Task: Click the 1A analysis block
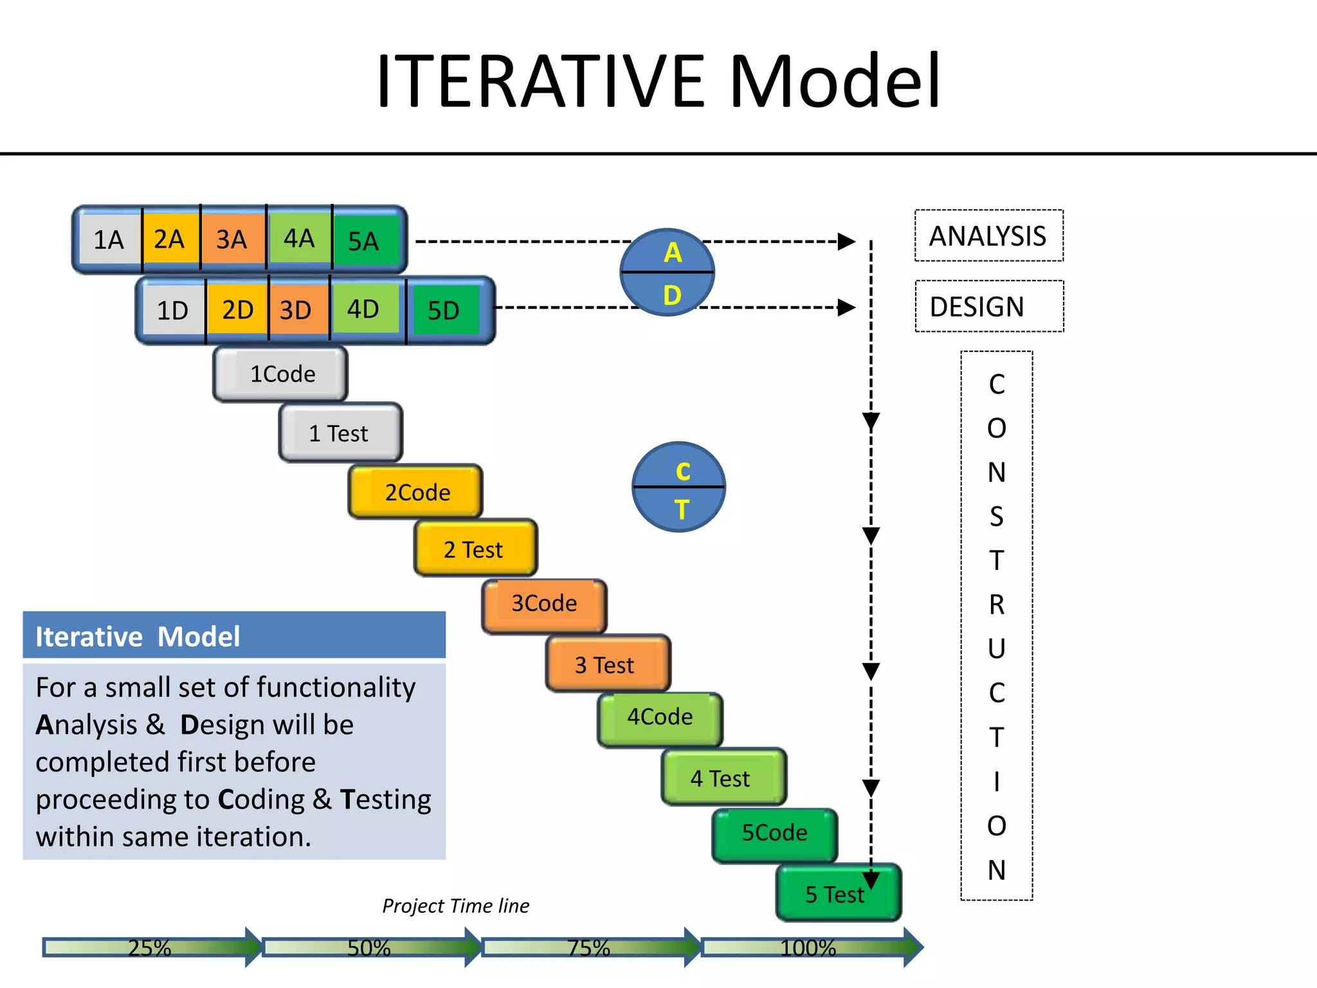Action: point(109,240)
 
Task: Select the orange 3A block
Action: point(232,239)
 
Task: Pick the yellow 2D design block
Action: point(237,310)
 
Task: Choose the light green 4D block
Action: point(363,309)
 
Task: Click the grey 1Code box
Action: point(281,374)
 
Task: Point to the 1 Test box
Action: point(340,433)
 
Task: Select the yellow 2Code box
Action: point(416,492)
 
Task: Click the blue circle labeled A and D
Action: point(668,273)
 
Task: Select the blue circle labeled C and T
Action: point(679,488)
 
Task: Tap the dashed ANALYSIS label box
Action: point(988,236)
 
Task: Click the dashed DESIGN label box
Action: point(988,307)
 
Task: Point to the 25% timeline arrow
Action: point(150,947)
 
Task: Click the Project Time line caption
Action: point(455,906)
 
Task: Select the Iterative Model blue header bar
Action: point(234,636)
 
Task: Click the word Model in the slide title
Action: point(835,81)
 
